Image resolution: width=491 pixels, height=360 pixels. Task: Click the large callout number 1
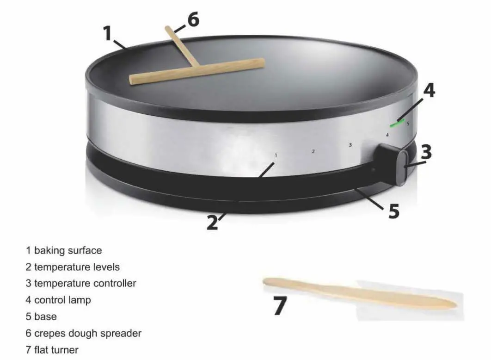click(x=107, y=33)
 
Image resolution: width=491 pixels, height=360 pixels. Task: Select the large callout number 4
click(x=429, y=90)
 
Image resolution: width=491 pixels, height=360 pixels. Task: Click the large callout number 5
click(x=393, y=211)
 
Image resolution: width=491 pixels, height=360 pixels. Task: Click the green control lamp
click(x=396, y=124)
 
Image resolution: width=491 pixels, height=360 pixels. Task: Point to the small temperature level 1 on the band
click(x=276, y=155)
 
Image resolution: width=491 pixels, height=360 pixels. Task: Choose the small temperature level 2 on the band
click(x=313, y=151)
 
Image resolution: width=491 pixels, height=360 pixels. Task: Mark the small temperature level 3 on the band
click(x=350, y=145)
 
